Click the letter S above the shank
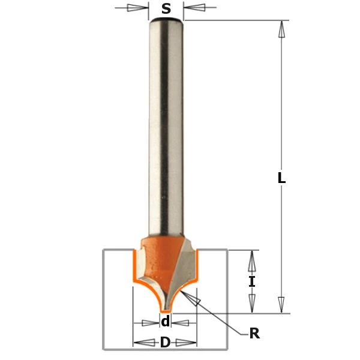pyautogui.click(x=166, y=8)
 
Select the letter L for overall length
pyautogui.click(x=281, y=178)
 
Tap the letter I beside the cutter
pyautogui.click(x=253, y=281)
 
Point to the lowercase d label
pyautogui.click(x=166, y=323)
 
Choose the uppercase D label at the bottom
pyautogui.click(x=165, y=344)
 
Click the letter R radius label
pyautogui.click(x=254, y=334)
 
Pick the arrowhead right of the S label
pyautogui.click(x=194, y=8)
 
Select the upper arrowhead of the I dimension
pyautogui.click(x=253, y=260)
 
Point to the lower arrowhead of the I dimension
pyautogui.click(x=253, y=303)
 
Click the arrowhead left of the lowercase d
pyautogui.click(x=149, y=323)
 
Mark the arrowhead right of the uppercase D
pyautogui.click(x=188, y=344)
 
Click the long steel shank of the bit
pyautogui.click(x=166, y=132)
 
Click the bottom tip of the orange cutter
pyautogui.click(x=166, y=308)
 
